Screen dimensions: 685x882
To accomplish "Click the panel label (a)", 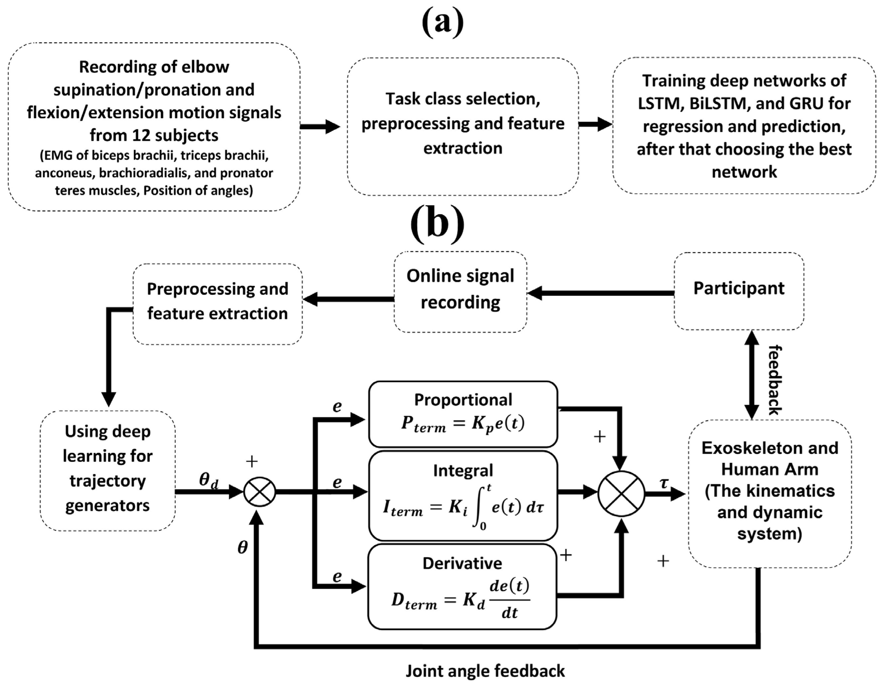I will coord(442,22).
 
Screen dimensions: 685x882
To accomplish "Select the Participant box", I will coord(739,290).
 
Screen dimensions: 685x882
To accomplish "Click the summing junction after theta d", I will coord(260,492).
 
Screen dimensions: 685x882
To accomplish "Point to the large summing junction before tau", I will coord(621,493).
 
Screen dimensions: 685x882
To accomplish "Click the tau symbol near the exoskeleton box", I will coord(664,482).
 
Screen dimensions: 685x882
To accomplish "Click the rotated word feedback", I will coord(774,380).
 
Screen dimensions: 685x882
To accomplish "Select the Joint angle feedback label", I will coord(485,671).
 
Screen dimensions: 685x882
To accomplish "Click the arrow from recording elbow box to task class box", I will coord(320,126).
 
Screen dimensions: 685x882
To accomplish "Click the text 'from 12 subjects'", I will coord(154,135).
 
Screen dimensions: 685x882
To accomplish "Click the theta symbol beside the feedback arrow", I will coord(242,548).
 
